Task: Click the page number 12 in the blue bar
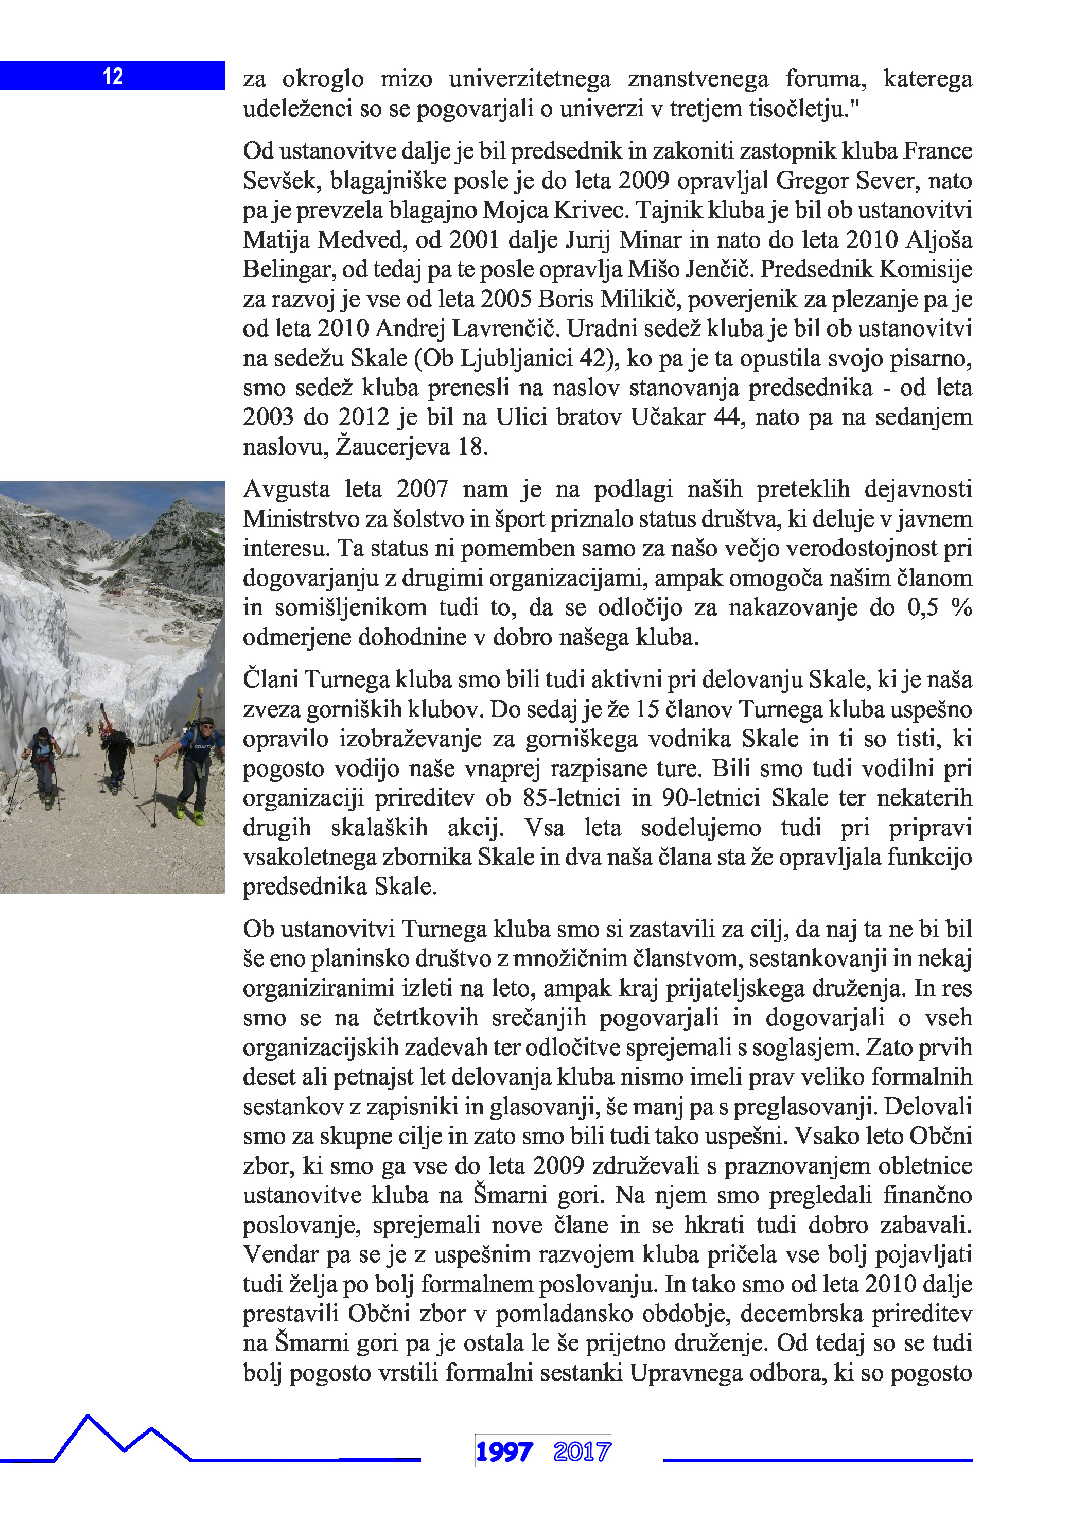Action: pyautogui.click(x=113, y=76)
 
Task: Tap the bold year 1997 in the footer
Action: pyautogui.click(x=504, y=1453)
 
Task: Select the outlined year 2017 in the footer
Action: pyautogui.click(x=582, y=1453)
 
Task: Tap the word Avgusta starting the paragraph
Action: pyautogui.click(x=286, y=489)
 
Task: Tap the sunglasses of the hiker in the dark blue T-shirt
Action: pyautogui.click(x=206, y=724)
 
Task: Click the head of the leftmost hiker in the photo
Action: pyautogui.click(x=42, y=733)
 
